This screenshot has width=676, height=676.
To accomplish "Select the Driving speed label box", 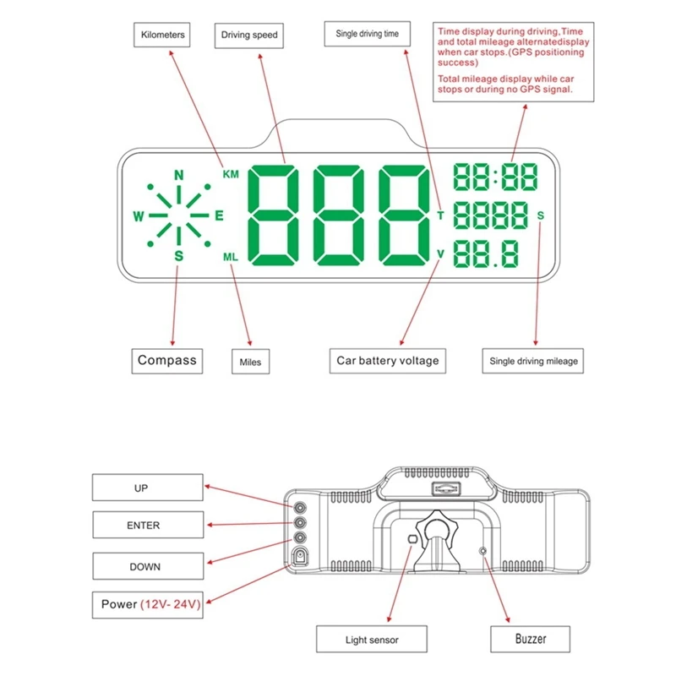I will pyautogui.click(x=249, y=35).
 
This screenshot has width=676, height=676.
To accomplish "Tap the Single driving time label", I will pyautogui.click(x=368, y=34).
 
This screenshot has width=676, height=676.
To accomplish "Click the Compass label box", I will pyautogui.click(x=167, y=360).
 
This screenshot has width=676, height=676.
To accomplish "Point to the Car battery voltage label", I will pyautogui.click(x=388, y=361).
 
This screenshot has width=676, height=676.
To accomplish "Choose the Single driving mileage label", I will pyautogui.click(x=534, y=361).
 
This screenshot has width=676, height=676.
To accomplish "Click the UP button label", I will pyautogui.click(x=141, y=488).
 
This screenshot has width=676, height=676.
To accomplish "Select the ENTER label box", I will pyautogui.click(x=143, y=525).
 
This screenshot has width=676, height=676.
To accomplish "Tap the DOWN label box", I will pyautogui.click(x=144, y=566).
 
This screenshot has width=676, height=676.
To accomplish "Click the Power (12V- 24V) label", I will pyautogui.click(x=148, y=605).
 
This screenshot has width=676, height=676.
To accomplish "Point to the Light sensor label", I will pyautogui.click(x=372, y=640).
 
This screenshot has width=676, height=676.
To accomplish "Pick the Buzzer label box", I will pyautogui.click(x=531, y=639).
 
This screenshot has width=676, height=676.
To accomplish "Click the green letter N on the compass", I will pyautogui.click(x=178, y=175).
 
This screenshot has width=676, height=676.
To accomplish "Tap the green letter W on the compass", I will pyautogui.click(x=139, y=215).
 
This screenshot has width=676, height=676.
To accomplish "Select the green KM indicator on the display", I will pyautogui.click(x=231, y=174).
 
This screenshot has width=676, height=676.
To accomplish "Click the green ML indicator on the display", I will pyautogui.click(x=231, y=256).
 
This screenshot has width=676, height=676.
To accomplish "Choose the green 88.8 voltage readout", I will pyautogui.click(x=486, y=254).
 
